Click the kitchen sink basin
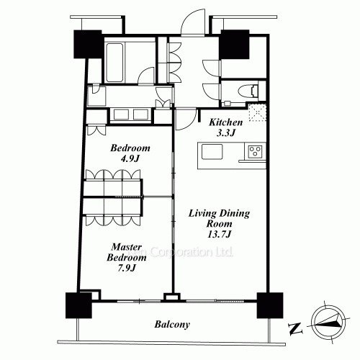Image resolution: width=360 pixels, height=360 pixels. tap(213, 151)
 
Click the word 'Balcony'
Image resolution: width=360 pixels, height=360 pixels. tap(172, 325)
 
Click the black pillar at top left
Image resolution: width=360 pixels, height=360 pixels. tap(87, 45)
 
